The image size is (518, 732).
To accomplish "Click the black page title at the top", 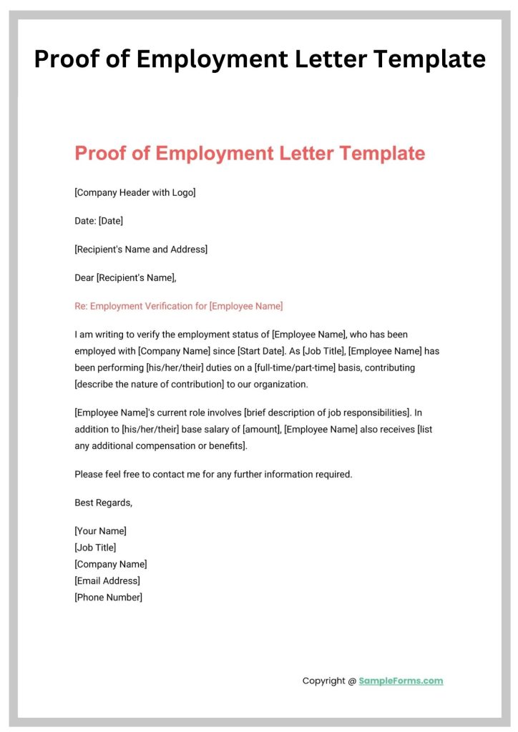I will [x=259, y=59].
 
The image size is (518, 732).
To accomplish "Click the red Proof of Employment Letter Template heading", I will [x=250, y=153].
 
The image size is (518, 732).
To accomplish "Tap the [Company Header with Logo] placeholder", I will [x=135, y=192].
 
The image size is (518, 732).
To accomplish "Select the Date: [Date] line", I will [x=99, y=221].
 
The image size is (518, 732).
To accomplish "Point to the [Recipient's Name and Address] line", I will [x=141, y=249].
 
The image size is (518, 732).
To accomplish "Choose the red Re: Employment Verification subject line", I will [x=179, y=306].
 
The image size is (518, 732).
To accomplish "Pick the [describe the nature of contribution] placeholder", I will [x=152, y=384].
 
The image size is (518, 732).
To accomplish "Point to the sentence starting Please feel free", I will [x=213, y=474].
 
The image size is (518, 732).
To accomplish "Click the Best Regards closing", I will [x=104, y=503].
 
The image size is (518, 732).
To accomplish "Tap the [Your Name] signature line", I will [x=101, y=531].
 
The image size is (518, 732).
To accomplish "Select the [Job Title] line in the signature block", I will [x=95, y=548].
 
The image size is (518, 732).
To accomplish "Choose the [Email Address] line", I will [x=107, y=580].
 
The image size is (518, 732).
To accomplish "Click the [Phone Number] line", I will [x=109, y=597].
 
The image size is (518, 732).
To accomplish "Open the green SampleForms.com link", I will [x=401, y=681].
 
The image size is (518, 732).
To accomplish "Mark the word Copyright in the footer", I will [x=324, y=681].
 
